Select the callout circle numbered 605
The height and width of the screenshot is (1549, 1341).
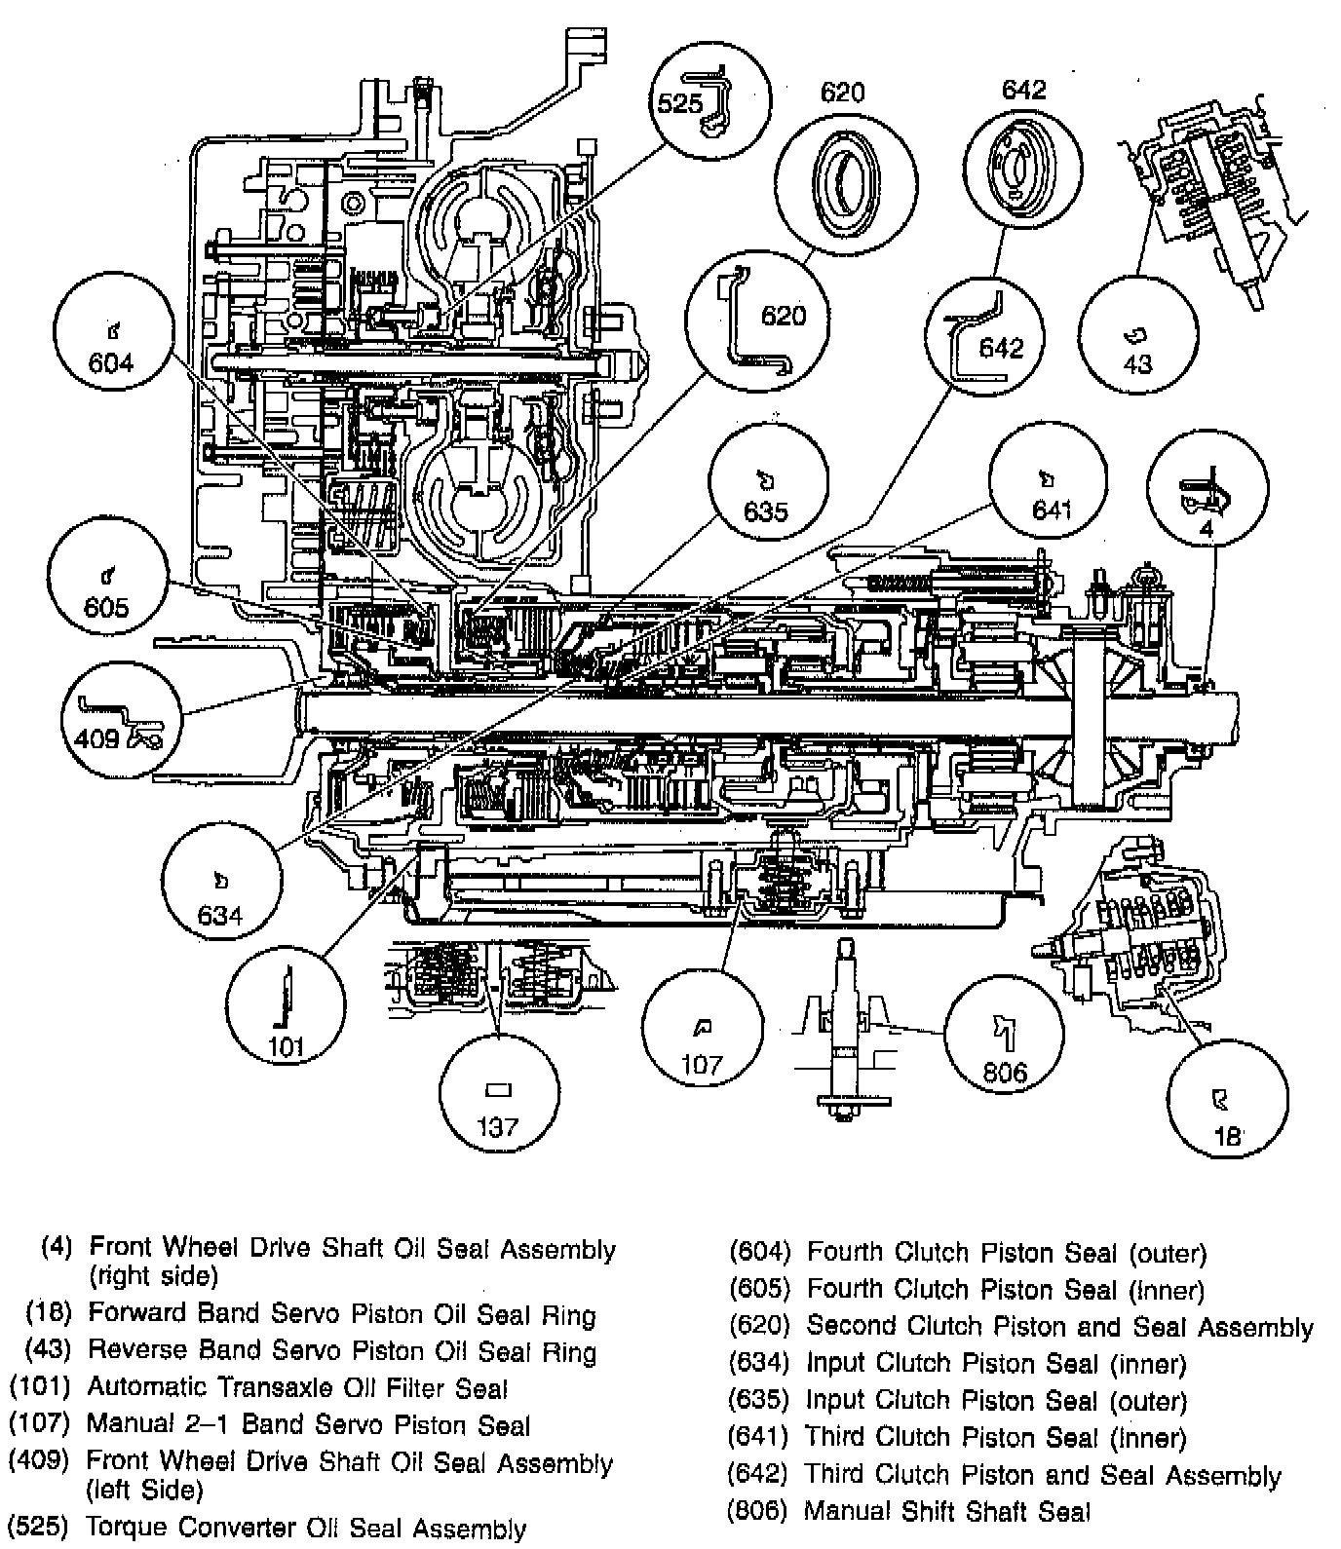click(107, 581)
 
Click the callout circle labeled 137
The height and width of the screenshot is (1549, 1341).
click(499, 1098)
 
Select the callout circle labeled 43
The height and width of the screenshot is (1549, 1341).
click(1137, 337)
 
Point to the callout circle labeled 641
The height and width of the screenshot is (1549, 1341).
click(1048, 492)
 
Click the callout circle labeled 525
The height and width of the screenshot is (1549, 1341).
click(710, 99)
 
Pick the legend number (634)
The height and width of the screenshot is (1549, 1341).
click(758, 1363)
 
